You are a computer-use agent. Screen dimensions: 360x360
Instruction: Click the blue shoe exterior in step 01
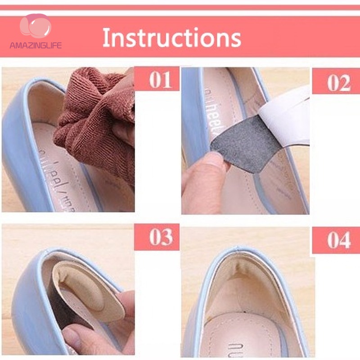(x=22, y=148)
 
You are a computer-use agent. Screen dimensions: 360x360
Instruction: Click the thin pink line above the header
(x=180, y=8)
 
